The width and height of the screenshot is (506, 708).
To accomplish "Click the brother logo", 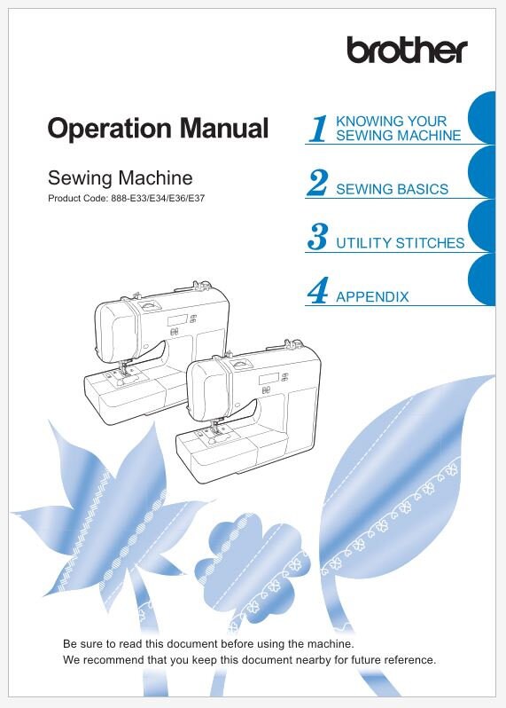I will coord(406,50).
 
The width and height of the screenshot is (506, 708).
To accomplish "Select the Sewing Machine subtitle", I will coord(120,177).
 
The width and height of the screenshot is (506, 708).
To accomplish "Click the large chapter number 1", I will coord(319,129).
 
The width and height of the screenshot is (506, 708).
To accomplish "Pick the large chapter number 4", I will coord(317,291).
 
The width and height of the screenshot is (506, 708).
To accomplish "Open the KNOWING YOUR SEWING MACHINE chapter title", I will coord(398,129).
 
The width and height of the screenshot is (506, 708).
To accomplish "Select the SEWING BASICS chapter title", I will coord(392,189).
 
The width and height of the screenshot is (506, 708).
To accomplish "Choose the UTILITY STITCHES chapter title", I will coord(400,243).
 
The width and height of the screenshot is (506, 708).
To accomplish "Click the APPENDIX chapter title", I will coord(372,297).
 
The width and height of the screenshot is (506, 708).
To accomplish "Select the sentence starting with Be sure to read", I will coord(208,642).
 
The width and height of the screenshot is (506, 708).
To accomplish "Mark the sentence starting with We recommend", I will coord(249,660).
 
